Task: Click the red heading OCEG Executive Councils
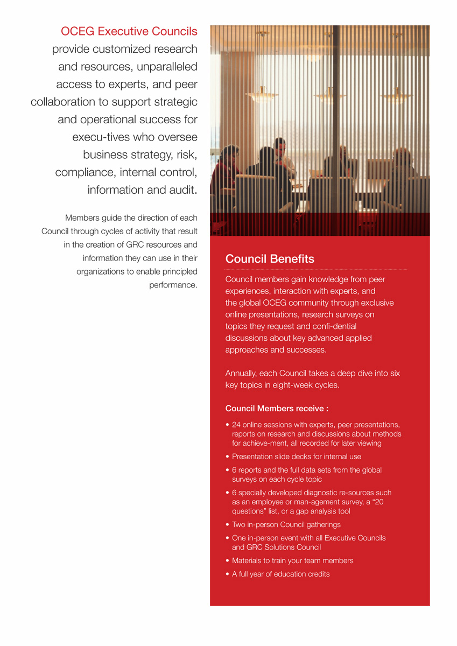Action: click(x=129, y=31)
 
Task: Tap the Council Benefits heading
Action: click(x=270, y=259)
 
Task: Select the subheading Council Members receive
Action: click(x=277, y=409)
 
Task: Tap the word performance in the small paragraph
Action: click(x=173, y=285)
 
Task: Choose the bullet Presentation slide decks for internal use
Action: click(x=296, y=457)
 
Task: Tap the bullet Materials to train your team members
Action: click(x=292, y=560)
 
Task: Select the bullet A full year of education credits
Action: click(x=280, y=574)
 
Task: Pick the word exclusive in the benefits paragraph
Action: click(x=376, y=303)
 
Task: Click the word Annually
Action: click(x=241, y=373)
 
